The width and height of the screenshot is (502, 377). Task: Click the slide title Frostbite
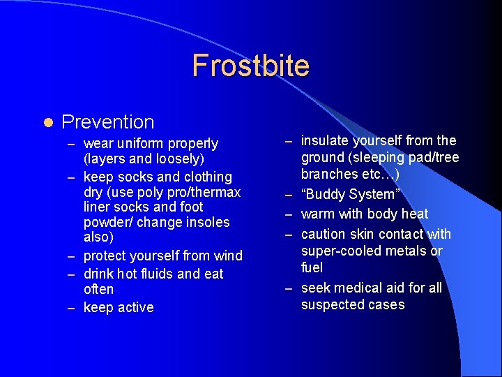click(250, 66)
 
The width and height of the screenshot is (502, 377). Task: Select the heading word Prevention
click(107, 122)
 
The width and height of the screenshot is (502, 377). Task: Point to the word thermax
click(216, 192)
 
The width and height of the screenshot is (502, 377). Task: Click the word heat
click(415, 214)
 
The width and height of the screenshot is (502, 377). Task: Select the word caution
click(326, 234)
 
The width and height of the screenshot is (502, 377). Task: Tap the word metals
click(404, 251)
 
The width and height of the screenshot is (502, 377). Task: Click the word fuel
click(312, 267)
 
